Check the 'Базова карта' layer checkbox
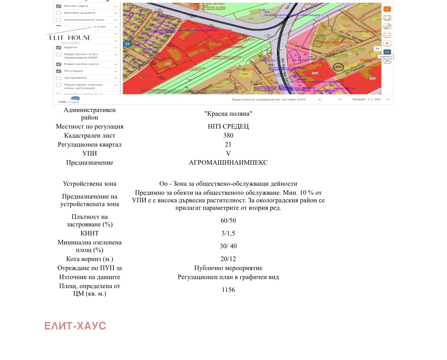point(58,6)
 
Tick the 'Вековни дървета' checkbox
point(58,13)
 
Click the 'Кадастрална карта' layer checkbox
point(58,64)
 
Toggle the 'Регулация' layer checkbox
point(58,71)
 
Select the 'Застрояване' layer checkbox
point(58,78)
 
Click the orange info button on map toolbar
point(387,9)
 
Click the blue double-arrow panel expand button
point(127,44)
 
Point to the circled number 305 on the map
point(338,67)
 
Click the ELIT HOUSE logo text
point(70,38)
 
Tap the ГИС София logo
point(69,100)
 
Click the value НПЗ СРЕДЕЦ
point(228,127)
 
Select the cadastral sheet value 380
point(228,135)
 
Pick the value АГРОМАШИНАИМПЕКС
point(228,163)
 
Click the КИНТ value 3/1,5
point(228,233)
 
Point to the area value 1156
point(228,290)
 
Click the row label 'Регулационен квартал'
point(90,145)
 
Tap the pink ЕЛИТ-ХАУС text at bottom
point(75,326)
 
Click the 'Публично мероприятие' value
point(228,268)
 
